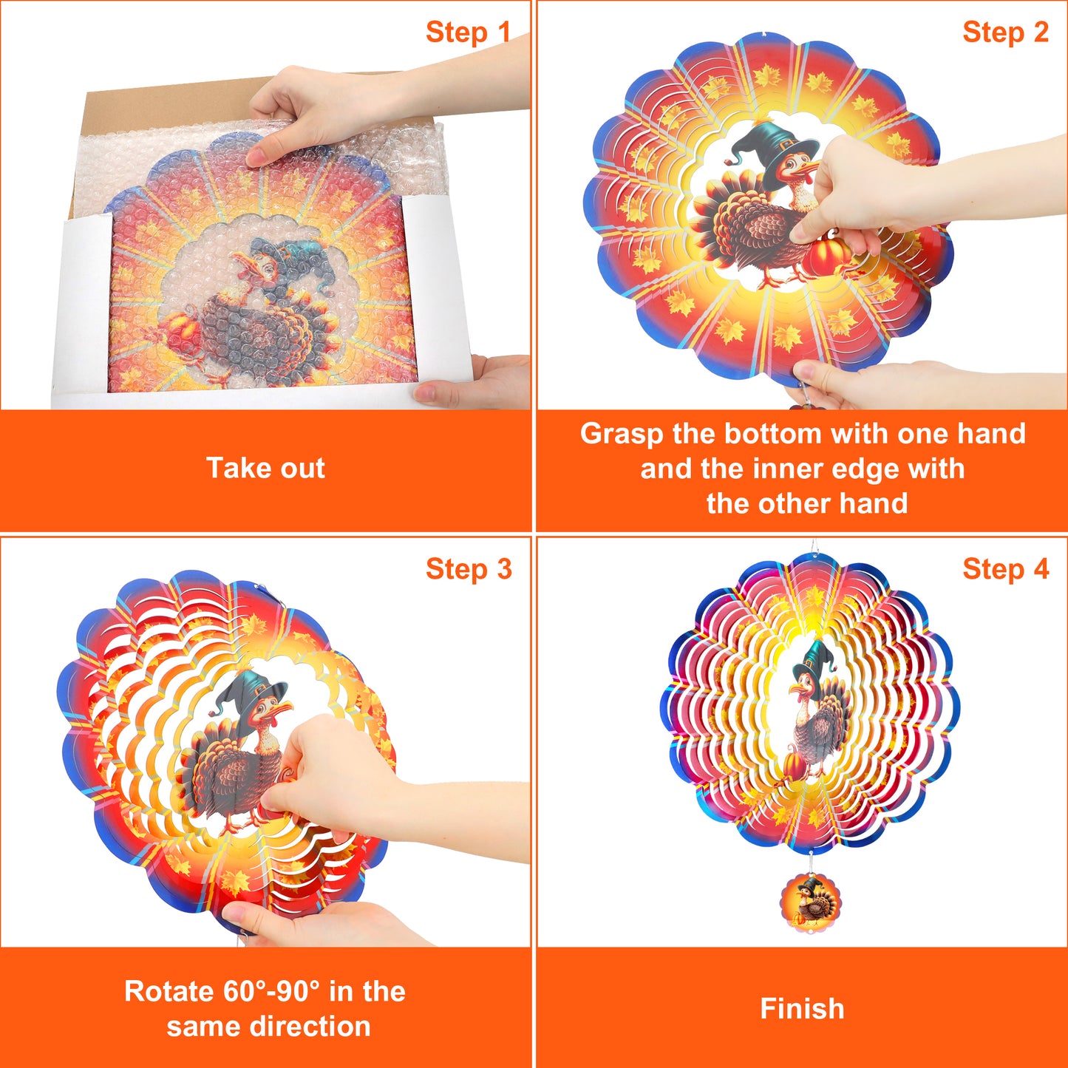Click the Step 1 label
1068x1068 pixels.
pyautogui.click(x=468, y=32)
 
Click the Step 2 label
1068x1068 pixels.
pyautogui.click(x=1005, y=32)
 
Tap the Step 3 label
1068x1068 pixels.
pyautogui.click(x=469, y=569)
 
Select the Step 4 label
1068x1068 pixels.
pyautogui.click(x=1005, y=569)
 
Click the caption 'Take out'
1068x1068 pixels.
pyautogui.click(x=265, y=468)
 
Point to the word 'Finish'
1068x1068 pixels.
pyautogui.click(x=802, y=1008)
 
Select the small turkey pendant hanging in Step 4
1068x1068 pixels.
pyautogui.click(x=810, y=900)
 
